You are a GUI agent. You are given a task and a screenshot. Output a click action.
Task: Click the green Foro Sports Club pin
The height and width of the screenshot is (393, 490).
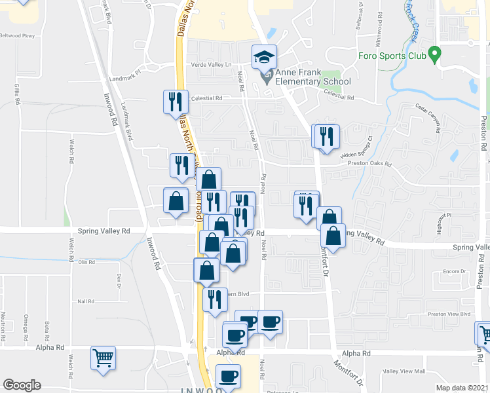coord(433,55)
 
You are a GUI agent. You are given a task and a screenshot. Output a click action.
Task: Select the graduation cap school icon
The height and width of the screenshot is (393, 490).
coord(265,57)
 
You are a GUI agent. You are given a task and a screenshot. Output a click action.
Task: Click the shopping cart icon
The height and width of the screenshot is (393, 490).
coord(103,358)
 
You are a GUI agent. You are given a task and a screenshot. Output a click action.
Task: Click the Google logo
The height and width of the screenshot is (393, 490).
coord(22,385)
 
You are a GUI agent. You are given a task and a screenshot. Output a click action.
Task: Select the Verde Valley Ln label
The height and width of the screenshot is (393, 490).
coord(212,64)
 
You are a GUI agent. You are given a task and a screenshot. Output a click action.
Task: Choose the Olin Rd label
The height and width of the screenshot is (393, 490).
coord(87,262)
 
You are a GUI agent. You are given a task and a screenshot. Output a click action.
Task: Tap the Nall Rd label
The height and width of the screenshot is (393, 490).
coord(86,301)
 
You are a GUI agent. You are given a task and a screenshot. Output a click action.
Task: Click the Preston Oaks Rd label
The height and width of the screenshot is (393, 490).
coord(369,164)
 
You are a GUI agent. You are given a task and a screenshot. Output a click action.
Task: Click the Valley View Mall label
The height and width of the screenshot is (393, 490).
coord(404,371)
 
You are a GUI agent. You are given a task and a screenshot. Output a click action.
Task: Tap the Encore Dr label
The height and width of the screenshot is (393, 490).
coord(453,271)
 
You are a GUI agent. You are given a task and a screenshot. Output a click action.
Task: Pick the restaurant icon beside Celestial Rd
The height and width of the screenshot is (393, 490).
coord(176,102)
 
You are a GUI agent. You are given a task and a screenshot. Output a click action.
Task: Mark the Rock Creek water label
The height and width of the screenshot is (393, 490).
coord(411,20)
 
